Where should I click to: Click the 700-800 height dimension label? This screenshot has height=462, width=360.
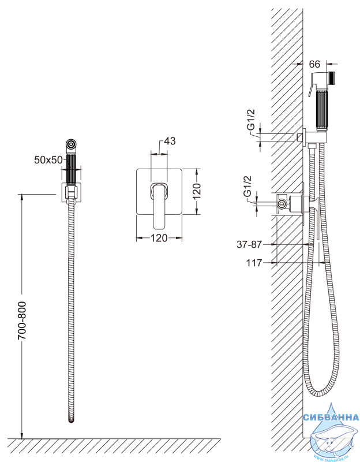[22, 321]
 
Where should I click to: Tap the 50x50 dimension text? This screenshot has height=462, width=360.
[48, 160]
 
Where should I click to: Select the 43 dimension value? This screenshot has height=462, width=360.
[170, 141]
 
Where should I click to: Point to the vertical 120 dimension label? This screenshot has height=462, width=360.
[197, 191]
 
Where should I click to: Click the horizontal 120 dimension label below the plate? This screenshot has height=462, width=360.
[159, 238]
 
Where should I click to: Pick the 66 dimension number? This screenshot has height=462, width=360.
[314, 64]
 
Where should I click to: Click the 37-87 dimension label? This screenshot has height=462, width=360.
[249, 244]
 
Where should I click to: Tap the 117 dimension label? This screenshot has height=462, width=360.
[254, 263]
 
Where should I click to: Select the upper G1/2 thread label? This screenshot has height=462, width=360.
[250, 120]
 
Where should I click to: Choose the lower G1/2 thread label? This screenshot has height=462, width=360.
[247, 186]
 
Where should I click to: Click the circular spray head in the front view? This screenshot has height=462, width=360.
[71, 144]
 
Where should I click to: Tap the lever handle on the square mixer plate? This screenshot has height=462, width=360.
[159, 205]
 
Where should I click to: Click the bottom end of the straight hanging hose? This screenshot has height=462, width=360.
[71, 420]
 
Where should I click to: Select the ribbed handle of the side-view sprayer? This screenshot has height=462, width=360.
[322, 110]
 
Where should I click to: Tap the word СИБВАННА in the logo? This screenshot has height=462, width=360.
[331, 417]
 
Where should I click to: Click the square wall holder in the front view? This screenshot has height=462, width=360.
[71, 192]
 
